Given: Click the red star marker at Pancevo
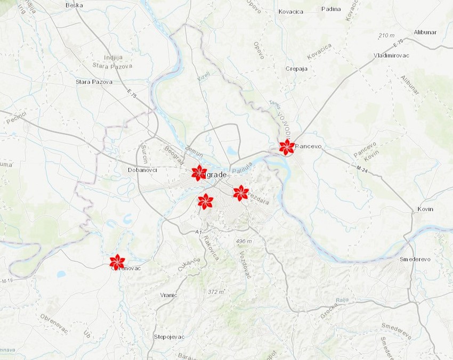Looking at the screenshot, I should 287,147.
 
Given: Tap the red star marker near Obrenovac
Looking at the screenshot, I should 117,261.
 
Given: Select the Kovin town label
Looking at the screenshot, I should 425,209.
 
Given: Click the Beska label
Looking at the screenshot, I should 74,5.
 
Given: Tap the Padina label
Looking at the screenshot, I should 331,9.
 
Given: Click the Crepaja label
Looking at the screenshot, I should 297,69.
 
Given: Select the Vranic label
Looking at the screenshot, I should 168,294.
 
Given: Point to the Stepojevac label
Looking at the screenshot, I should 169,337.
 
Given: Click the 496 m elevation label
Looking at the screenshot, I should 244,242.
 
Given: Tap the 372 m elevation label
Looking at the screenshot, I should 216,292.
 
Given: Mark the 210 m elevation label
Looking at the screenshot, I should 386,36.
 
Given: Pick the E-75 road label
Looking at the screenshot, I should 132,94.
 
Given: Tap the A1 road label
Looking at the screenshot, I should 198,232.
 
